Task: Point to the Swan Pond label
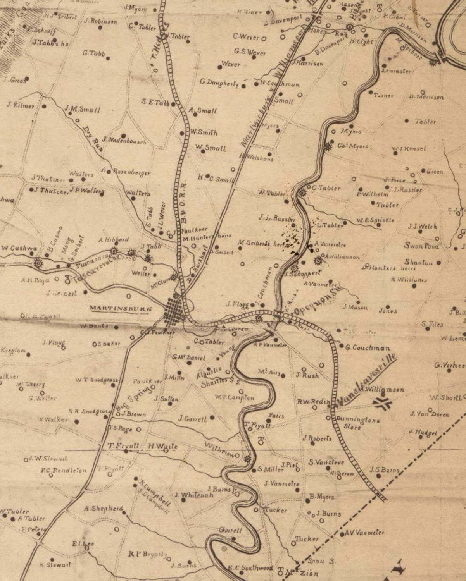pyautogui.click(x=421, y=246)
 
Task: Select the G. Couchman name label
pyautogui.click(x=368, y=348)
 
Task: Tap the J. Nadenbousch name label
pyautogui.click(x=124, y=140)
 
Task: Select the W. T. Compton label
pyautogui.click(x=235, y=397)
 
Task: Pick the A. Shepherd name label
pyautogui.click(x=104, y=509)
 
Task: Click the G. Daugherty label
pyautogui.click(x=219, y=83)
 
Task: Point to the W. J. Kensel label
pyautogui.click(x=408, y=149)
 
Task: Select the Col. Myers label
pyautogui.click(x=352, y=146)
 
